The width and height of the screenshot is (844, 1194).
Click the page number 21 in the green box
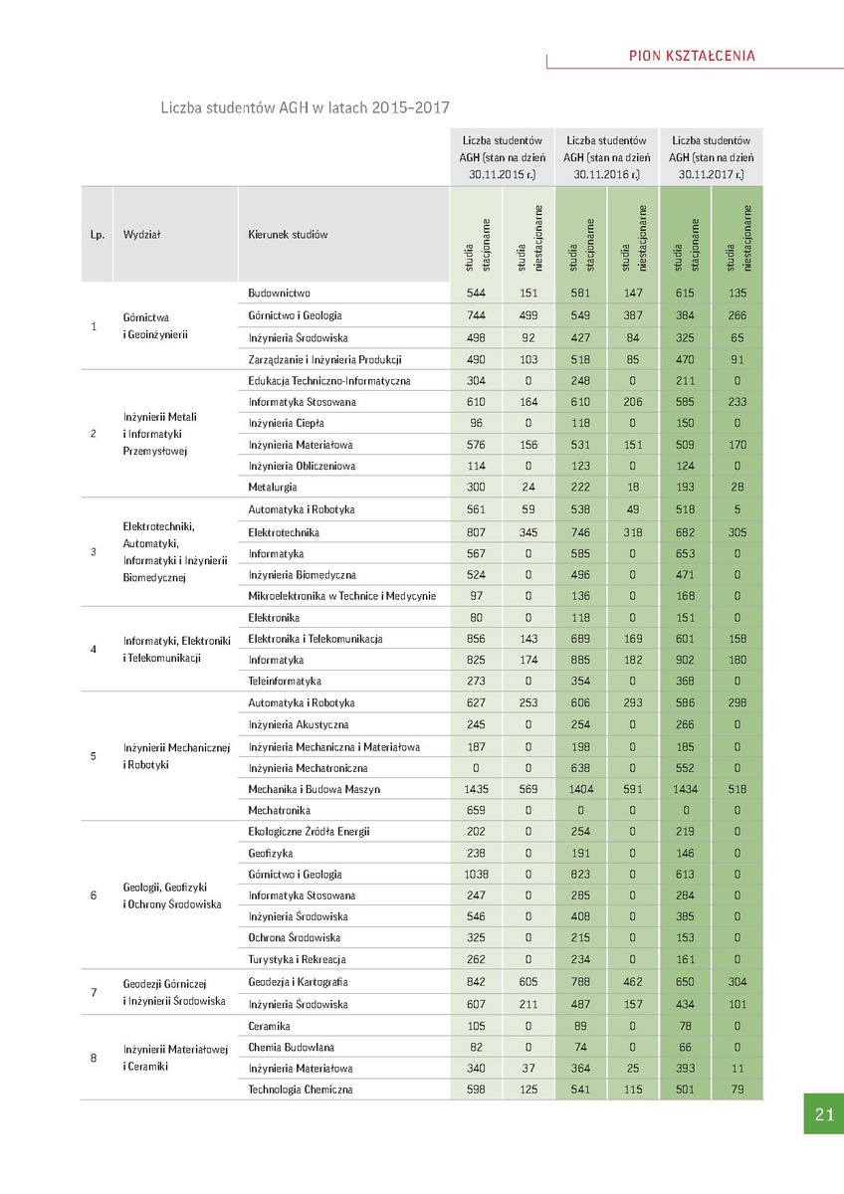[x=823, y=1113]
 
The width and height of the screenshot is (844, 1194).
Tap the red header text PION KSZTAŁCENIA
[x=692, y=56]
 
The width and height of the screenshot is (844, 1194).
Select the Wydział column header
[x=142, y=235]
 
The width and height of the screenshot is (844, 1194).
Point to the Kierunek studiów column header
[x=288, y=235]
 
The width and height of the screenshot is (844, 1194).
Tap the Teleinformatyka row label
[x=285, y=682]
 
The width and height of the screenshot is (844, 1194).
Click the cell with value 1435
[x=477, y=789]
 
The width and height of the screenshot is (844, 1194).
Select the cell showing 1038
[x=477, y=874]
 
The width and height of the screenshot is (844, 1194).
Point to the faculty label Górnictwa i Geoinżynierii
[x=154, y=325]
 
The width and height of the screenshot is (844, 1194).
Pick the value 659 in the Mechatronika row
[x=477, y=810]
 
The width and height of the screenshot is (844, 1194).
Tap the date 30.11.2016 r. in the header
[x=606, y=174]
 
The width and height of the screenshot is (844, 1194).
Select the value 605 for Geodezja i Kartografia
[x=528, y=982]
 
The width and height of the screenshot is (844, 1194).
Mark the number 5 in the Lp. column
[x=94, y=756]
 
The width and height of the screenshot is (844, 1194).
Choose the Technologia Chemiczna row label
[x=301, y=1090]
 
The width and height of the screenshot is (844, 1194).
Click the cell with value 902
[x=685, y=660]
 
